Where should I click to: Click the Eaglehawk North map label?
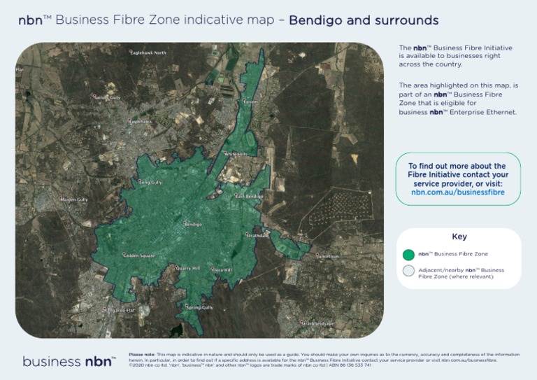(149, 52)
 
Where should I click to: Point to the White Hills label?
(236, 154)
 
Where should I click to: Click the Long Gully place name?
(151, 182)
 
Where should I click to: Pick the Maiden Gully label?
(73, 200)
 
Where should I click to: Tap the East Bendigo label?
(250, 197)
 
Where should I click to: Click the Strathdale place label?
(257, 236)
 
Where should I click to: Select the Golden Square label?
(139, 255)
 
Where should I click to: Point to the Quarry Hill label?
(188, 268)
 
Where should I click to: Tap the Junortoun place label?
(328, 256)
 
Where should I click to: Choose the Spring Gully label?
(199, 307)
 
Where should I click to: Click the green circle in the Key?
(408, 254)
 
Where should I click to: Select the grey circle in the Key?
(408, 272)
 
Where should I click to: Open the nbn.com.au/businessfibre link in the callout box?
(458, 192)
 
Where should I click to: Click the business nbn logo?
(69, 361)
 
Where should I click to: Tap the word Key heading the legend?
(459, 237)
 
